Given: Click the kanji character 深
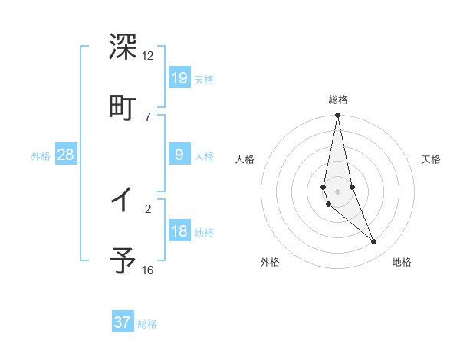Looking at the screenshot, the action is click(123, 47).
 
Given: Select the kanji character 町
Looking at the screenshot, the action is click(123, 107).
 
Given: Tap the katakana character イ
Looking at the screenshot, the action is click(123, 201).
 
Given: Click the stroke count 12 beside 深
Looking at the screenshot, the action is click(148, 56).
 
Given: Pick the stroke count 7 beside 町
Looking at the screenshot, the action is click(148, 116).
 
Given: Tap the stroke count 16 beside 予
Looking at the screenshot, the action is click(148, 270).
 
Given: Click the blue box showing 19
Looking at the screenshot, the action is click(179, 77).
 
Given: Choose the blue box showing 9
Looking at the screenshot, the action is click(179, 155).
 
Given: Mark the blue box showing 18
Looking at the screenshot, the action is click(179, 231).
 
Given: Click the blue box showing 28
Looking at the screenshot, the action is click(66, 155).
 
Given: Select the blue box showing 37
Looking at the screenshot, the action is click(123, 322).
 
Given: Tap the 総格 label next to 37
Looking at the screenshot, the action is click(147, 324).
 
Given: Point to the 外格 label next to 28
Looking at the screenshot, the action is click(41, 156).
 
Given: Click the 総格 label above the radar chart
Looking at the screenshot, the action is click(338, 100).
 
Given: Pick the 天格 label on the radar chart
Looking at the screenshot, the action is click(432, 159).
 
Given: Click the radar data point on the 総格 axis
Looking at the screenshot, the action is click(338, 116).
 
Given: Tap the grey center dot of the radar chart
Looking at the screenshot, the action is click(338, 191).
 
